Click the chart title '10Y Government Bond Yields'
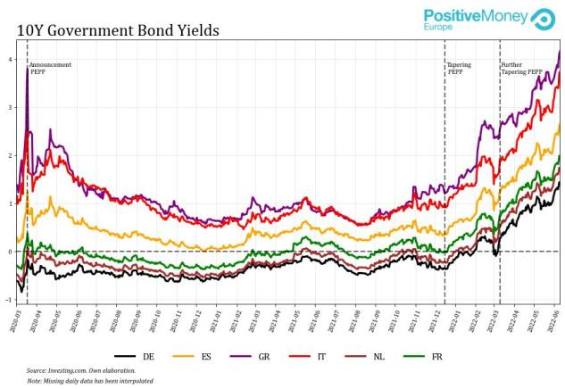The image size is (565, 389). pos(118,30)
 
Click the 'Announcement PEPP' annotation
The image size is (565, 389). pos(50,68)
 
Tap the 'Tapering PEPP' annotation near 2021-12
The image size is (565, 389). pos(460,68)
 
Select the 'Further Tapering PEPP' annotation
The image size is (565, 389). pos(521,68)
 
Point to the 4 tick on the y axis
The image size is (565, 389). pos(10,59)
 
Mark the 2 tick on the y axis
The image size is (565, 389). pos(10,155)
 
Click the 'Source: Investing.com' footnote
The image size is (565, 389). pos(81,370)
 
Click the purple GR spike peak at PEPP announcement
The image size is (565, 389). pos(27,69)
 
